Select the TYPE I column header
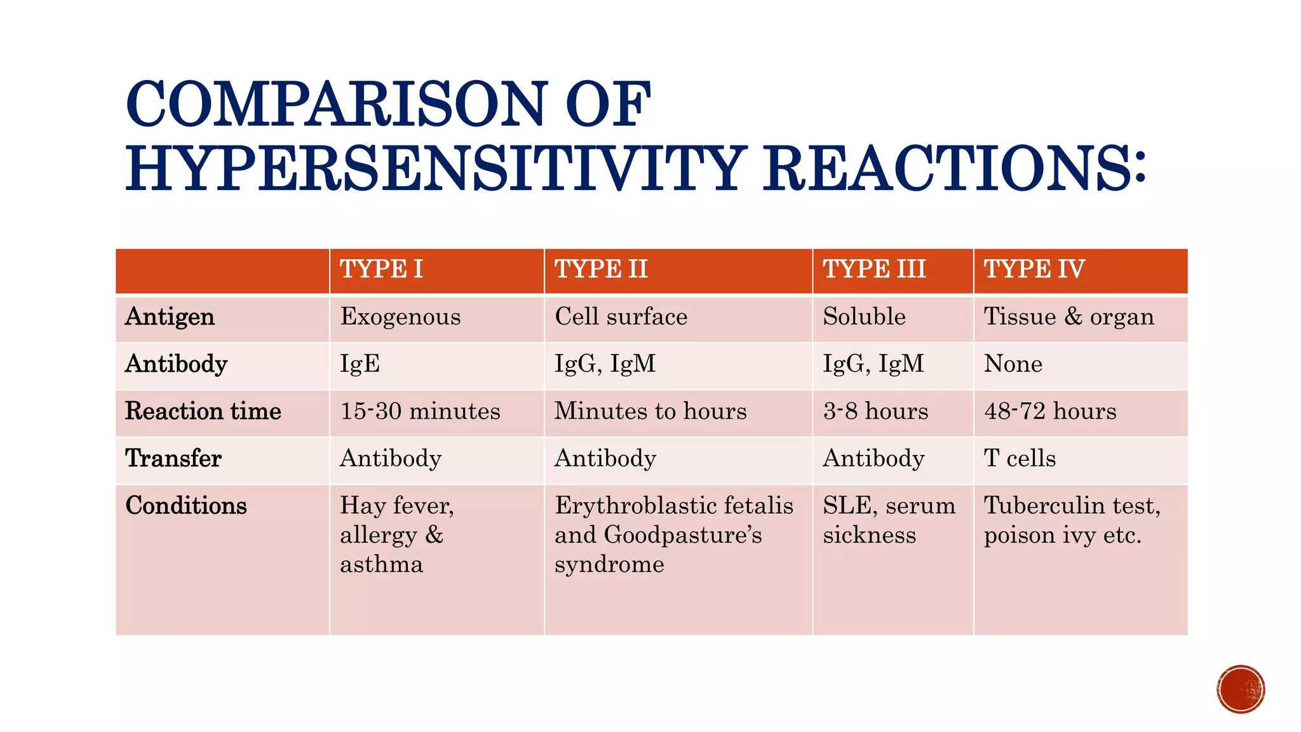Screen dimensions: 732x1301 (x=381, y=269)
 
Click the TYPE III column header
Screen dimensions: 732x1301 (x=874, y=269)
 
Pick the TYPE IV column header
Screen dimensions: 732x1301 (x=1034, y=269)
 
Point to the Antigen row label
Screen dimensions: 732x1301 (x=170, y=317)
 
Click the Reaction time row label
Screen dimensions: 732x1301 (x=203, y=411)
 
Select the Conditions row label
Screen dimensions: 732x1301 (x=186, y=506)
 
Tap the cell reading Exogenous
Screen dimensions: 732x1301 (x=400, y=317)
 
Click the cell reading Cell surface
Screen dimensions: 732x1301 (x=621, y=317)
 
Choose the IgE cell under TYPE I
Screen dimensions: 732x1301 (x=360, y=364)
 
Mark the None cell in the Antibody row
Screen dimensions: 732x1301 (x=1013, y=364)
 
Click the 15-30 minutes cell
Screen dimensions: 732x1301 (x=420, y=411)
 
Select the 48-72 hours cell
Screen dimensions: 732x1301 (x=1049, y=411)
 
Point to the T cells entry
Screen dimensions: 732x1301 (x=1020, y=458)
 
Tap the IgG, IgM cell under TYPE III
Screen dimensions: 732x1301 (x=873, y=364)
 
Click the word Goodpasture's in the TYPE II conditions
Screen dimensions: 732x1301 (x=683, y=535)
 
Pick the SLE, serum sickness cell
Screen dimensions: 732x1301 (x=888, y=520)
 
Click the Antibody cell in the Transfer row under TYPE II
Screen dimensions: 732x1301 (x=605, y=458)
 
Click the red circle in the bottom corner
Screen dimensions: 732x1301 (x=1240, y=689)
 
